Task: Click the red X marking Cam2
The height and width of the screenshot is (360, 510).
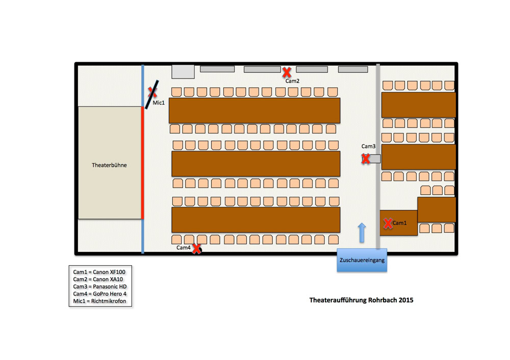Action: (x=287, y=72)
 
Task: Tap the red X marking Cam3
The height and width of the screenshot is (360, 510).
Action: (x=366, y=159)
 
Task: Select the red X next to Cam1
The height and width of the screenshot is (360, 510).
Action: (x=388, y=223)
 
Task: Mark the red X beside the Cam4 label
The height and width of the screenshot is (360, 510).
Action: (x=196, y=249)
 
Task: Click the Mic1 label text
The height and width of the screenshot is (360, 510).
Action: (x=159, y=103)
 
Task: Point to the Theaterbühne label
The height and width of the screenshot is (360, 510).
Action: (x=109, y=165)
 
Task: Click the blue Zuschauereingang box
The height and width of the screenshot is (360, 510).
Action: (x=362, y=260)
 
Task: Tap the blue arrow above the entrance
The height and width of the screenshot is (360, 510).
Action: (x=362, y=233)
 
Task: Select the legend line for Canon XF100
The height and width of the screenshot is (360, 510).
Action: (x=99, y=272)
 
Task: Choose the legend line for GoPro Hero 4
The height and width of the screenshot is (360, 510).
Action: (x=99, y=294)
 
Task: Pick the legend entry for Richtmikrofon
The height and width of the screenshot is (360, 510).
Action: (x=99, y=301)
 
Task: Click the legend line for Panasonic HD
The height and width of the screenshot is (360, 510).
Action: (x=100, y=287)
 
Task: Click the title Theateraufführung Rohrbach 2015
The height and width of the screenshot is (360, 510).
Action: (x=362, y=300)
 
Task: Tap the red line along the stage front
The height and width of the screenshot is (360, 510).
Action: (x=142, y=163)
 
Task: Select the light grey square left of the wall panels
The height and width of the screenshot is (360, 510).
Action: (x=183, y=71)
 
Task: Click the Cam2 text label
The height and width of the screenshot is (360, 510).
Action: (x=292, y=81)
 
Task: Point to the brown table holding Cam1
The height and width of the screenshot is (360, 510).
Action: (x=399, y=223)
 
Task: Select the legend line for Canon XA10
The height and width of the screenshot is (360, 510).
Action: (x=98, y=279)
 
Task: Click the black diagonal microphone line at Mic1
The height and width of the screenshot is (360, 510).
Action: (x=152, y=95)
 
